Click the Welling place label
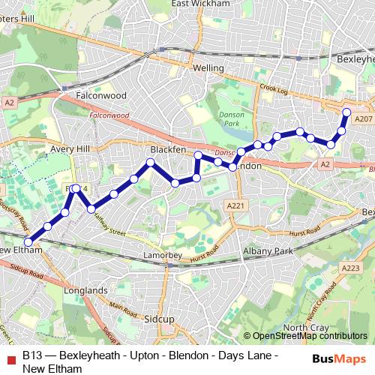pos(208,68)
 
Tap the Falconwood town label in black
pos(103,96)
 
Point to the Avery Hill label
pos(69,149)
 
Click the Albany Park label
pos(267,251)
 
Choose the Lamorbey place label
pos(162,256)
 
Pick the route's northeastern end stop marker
pos(346,112)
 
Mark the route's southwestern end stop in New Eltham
pos(28,241)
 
